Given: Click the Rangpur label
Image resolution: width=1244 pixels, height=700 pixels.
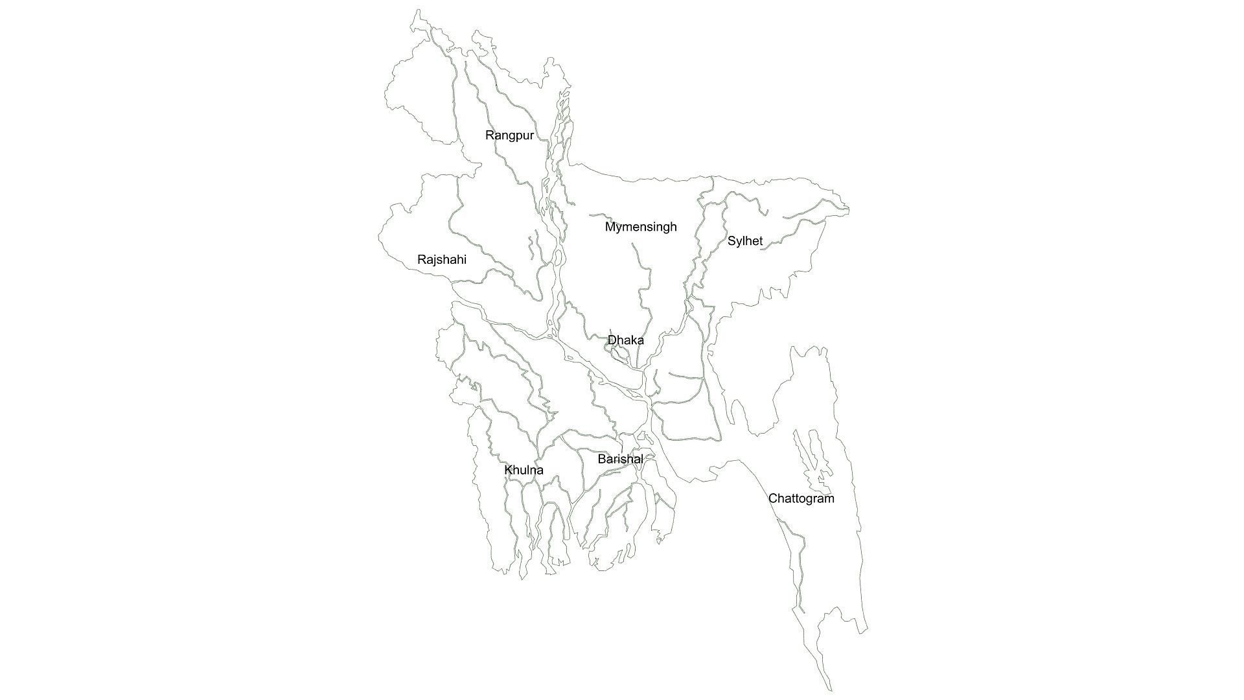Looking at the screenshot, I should click(509, 135).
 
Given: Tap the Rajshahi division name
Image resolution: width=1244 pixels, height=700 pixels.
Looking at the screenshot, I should click(441, 260).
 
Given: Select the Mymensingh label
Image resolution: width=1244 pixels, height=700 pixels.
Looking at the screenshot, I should click(640, 227).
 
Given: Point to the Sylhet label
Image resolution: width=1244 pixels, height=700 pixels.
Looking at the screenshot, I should click(744, 241).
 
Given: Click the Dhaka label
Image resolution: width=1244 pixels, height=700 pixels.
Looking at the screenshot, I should click(625, 340).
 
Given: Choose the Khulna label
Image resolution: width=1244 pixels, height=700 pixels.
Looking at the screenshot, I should click(524, 470).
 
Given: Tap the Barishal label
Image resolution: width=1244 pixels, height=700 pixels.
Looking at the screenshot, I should click(620, 460).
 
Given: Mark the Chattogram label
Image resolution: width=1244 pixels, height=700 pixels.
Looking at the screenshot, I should click(801, 498).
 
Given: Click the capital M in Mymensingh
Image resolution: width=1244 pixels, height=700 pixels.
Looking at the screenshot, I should click(610, 227).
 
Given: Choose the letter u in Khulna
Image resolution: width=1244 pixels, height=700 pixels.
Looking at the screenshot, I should click(524, 471).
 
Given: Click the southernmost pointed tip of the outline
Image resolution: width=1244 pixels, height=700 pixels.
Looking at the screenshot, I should click(830, 691).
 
